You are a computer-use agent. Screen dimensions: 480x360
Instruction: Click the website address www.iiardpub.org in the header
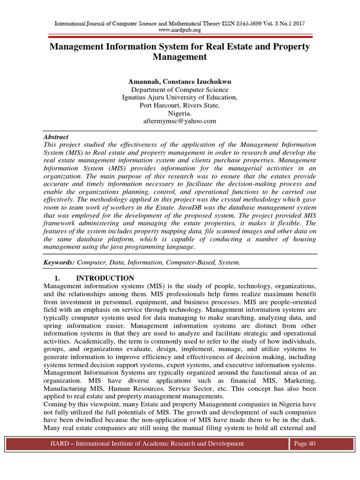point(180,30)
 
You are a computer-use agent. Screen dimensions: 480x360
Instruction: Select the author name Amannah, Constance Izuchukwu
point(180,82)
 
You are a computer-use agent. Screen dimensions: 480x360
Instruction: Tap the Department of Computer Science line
point(180,90)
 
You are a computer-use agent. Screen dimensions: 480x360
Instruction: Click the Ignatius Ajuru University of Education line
point(180,97)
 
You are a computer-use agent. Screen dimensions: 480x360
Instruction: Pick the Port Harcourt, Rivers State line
point(180,105)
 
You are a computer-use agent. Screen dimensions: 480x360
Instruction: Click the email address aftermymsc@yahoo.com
point(180,121)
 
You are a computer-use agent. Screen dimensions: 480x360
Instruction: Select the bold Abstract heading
point(56,137)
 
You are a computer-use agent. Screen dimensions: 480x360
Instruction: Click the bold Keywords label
point(60,262)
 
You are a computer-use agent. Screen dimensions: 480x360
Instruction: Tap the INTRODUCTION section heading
point(105,278)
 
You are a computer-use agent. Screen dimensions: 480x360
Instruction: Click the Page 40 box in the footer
point(304,443)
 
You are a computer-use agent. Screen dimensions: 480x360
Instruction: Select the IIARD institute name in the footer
point(147,443)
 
